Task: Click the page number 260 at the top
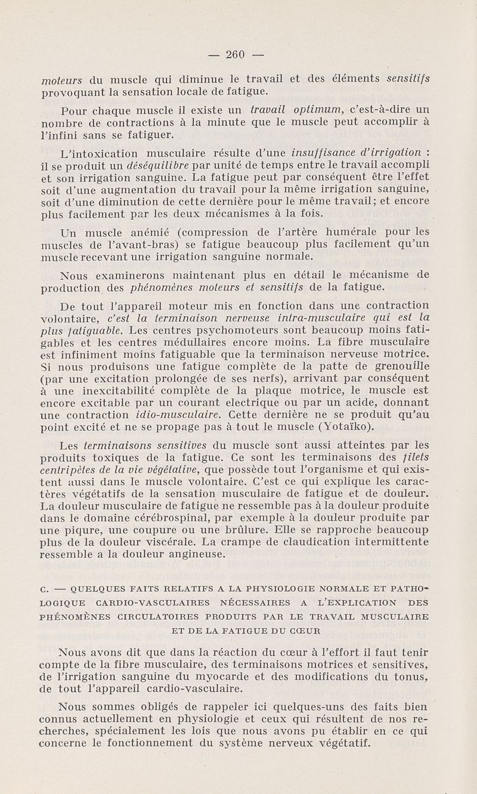pyautogui.click(x=237, y=56)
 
